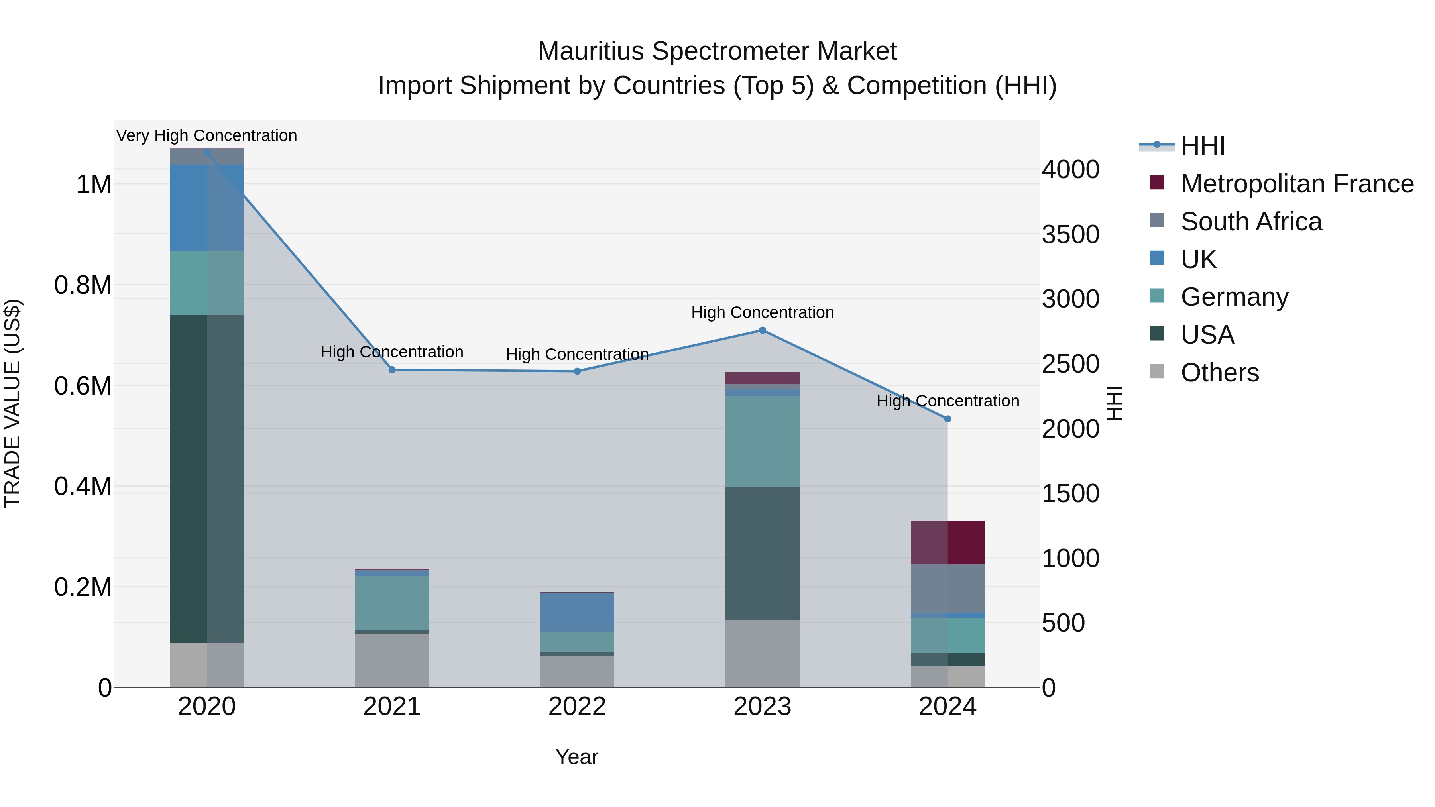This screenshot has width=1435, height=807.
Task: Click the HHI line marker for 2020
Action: pyautogui.click(x=206, y=153)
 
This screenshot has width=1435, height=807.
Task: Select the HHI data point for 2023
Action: pyautogui.click(x=762, y=330)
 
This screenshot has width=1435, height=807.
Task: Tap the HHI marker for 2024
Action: pyautogui.click(x=947, y=419)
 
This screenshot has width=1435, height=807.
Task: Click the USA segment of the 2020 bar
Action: pyautogui.click(x=206, y=479)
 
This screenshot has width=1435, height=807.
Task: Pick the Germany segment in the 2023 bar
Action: pyautogui.click(x=762, y=441)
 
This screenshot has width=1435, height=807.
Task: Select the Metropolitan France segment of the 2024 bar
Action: pyautogui.click(x=947, y=542)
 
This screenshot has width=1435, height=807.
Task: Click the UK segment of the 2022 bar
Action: pyautogui.click(x=577, y=612)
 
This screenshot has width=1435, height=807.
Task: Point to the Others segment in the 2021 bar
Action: pyautogui.click(x=392, y=660)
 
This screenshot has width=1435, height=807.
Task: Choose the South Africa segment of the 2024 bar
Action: pyautogui.click(x=947, y=588)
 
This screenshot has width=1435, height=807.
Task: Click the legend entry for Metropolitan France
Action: pyautogui.click(x=1296, y=184)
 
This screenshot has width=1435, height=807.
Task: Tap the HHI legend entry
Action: pyautogui.click(x=1202, y=146)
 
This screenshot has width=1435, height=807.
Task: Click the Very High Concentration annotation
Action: pyautogui.click(x=206, y=136)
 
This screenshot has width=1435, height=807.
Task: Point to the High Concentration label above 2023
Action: pyautogui.click(x=762, y=312)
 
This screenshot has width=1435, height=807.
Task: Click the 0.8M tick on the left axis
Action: pyautogui.click(x=83, y=285)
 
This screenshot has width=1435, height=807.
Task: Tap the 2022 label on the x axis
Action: pyautogui.click(x=577, y=707)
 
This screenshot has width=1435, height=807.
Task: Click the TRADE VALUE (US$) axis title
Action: pyautogui.click(x=12, y=403)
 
